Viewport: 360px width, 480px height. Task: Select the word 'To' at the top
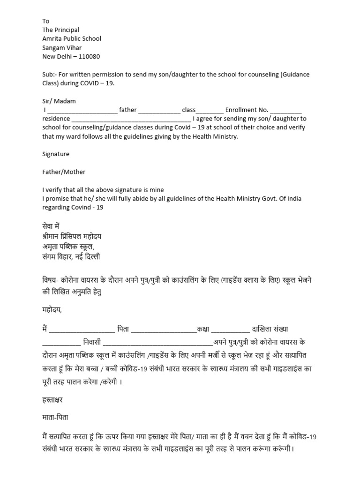[x=46, y=21]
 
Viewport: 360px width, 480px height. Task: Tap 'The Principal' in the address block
[x=61, y=30]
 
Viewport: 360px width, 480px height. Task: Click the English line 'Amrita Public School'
[x=72, y=39]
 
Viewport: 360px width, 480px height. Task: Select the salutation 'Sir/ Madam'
[x=59, y=101]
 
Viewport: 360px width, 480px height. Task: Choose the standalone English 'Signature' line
[x=56, y=154]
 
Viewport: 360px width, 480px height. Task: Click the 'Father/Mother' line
[x=64, y=172]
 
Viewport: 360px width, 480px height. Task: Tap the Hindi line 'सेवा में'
[x=54, y=225]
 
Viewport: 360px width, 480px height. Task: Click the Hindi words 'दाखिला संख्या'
[x=273, y=330]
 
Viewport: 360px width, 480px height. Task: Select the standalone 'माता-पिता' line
[x=56, y=416]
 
